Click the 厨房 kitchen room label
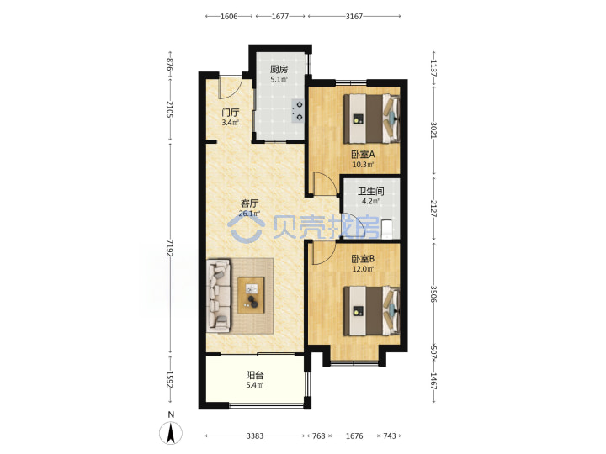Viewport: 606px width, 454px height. [279, 70]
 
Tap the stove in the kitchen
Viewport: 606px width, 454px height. [297, 110]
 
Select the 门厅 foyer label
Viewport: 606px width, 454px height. [230, 113]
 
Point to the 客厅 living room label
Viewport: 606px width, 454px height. [249, 203]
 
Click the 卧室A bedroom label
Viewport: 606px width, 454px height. [363, 155]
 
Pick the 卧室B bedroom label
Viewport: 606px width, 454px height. [363, 259]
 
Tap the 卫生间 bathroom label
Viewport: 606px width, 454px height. [370, 191]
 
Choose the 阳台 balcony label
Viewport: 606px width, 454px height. [255, 375]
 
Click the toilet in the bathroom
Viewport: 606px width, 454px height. [386, 229]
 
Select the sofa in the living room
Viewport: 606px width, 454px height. [219, 296]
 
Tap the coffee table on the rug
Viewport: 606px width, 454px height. [251, 295]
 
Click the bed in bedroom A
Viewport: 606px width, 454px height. [372, 119]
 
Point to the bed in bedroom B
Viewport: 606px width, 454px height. [372, 310]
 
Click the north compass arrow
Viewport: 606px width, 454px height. [171, 433]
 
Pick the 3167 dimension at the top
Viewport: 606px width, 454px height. [354, 16]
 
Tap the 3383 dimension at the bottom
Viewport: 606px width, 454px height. [255, 436]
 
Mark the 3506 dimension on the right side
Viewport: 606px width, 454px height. [433, 294]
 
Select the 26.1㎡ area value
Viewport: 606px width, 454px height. [249, 213]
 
